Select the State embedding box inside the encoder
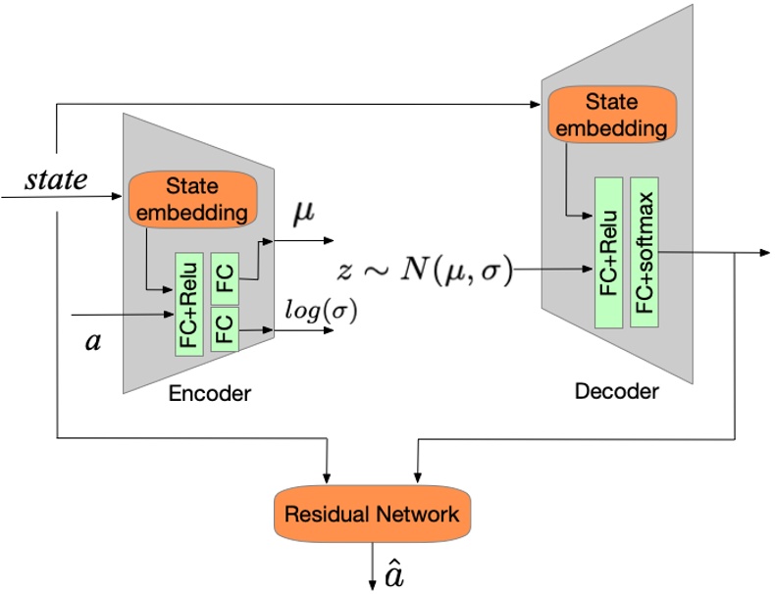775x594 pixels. point(192,199)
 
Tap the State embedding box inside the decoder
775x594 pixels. point(612,115)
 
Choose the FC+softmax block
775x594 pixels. point(644,252)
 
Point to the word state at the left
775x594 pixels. point(55,179)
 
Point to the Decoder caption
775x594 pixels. point(617,392)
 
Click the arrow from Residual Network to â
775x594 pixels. point(373,569)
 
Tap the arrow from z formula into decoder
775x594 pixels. point(535,270)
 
